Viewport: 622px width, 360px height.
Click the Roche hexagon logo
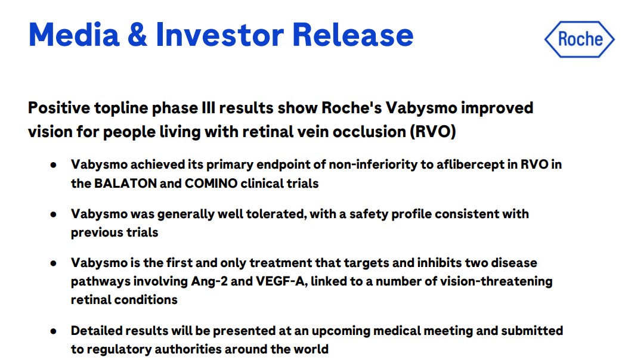pyautogui.click(x=580, y=39)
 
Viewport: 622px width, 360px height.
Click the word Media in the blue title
pyautogui.click(x=74, y=35)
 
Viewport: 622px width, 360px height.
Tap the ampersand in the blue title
pyautogui.click(x=137, y=35)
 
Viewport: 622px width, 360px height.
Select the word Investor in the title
pyautogui.click(x=220, y=35)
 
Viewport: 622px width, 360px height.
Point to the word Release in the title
pyautogui.click(x=353, y=35)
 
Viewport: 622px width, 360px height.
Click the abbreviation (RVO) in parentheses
pyautogui.click(x=433, y=132)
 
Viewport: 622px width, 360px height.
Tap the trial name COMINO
pyautogui.click(x=211, y=184)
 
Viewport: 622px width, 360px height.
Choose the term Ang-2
pyautogui.click(x=209, y=281)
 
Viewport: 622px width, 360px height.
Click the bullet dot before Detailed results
pyautogui.click(x=54, y=331)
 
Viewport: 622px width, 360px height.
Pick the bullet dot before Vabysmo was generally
pyautogui.click(x=54, y=214)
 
